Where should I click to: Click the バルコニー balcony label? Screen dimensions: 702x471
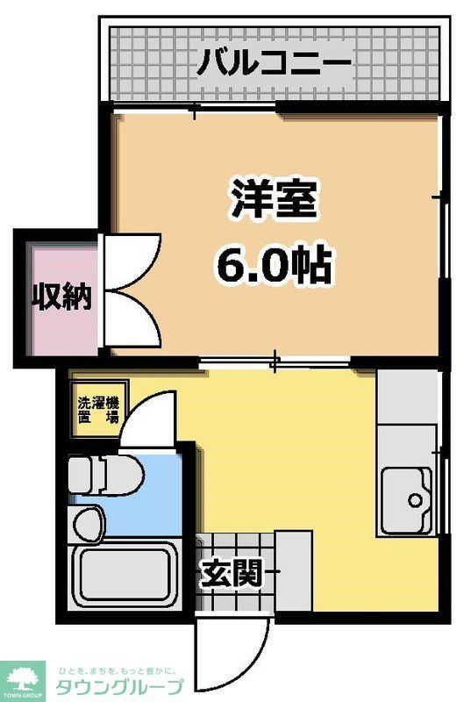pos(274,63)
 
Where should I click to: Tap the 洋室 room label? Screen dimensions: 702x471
pos(275,201)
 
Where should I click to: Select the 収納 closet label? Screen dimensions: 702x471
pos(62,298)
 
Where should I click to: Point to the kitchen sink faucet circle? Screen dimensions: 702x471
pos(416,500)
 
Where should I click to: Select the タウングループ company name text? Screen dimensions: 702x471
pos(119,686)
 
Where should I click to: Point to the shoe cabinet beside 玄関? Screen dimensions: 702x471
pos(294,570)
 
